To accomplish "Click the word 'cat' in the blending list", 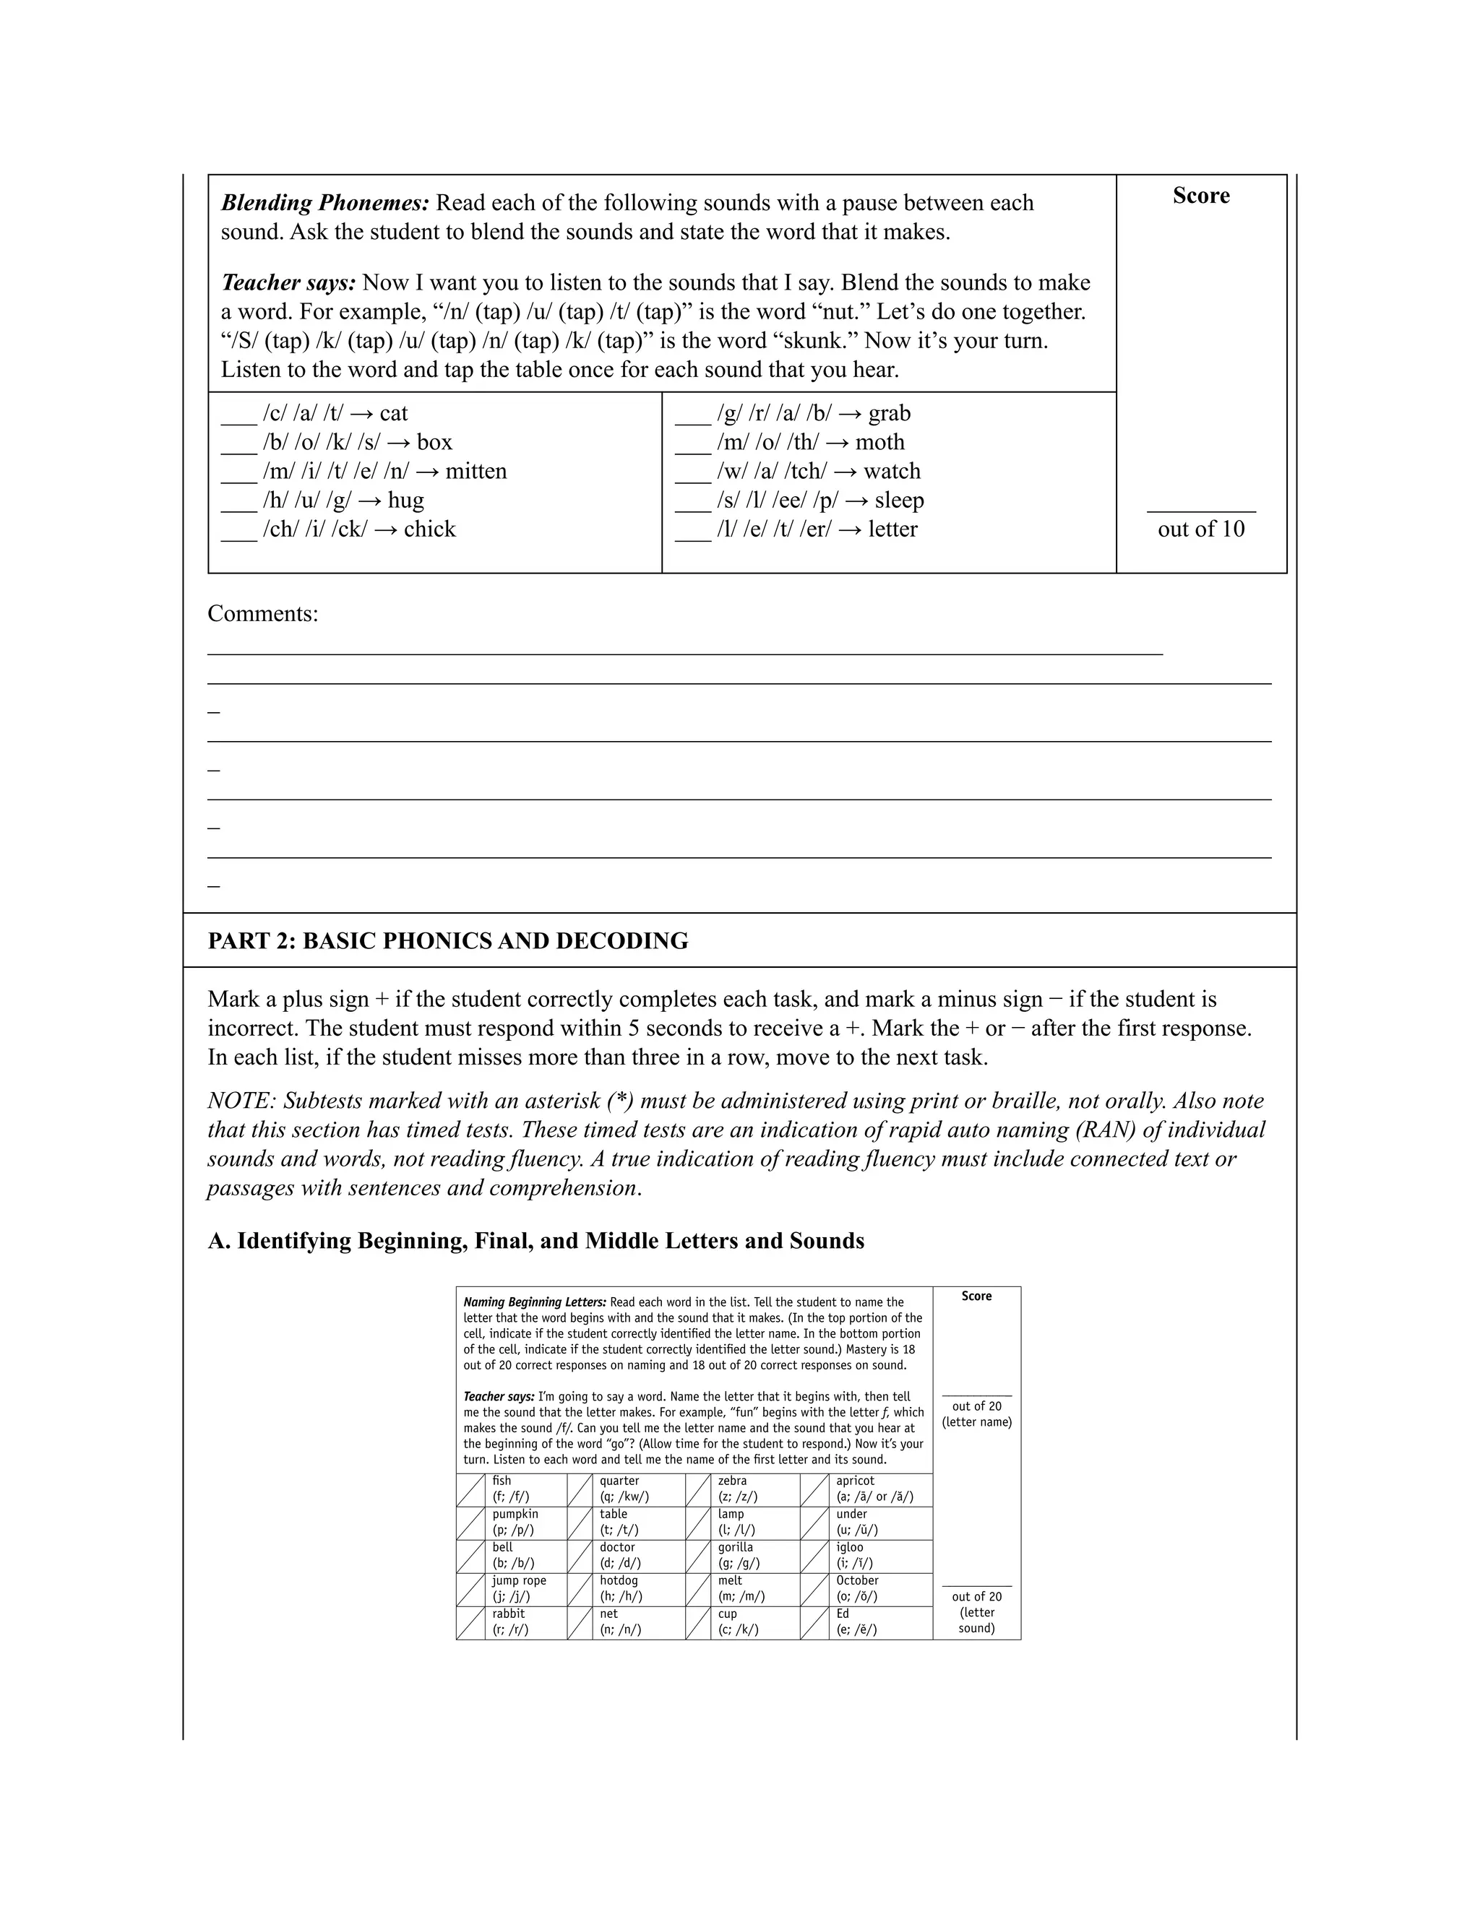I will [x=394, y=414].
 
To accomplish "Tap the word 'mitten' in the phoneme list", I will [x=476, y=472].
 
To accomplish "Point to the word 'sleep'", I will [x=899, y=501].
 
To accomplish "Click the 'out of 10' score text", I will [x=1200, y=529].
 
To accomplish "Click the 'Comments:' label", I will [x=263, y=613].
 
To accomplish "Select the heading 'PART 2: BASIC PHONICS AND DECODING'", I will [x=447, y=941].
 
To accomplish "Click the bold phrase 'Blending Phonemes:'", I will [x=324, y=204].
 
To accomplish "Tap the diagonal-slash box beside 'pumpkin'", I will [x=471, y=1523].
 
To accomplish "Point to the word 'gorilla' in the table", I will [x=735, y=1548].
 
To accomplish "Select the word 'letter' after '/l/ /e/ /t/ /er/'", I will [x=892, y=529].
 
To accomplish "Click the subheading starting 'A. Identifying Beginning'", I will [x=535, y=1241].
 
